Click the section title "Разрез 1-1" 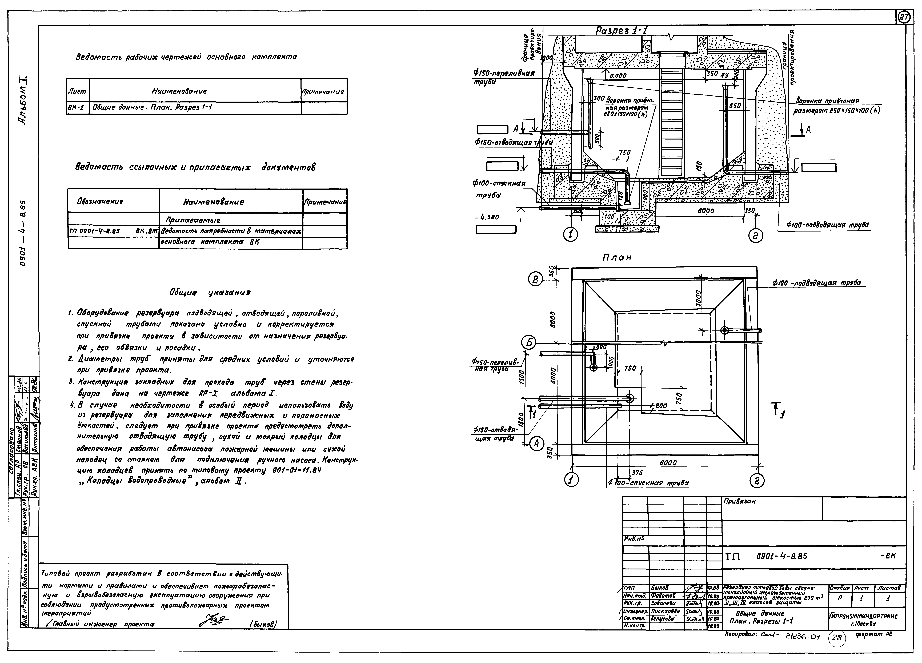[621, 31]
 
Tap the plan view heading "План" [617, 258]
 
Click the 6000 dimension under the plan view [668, 463]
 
